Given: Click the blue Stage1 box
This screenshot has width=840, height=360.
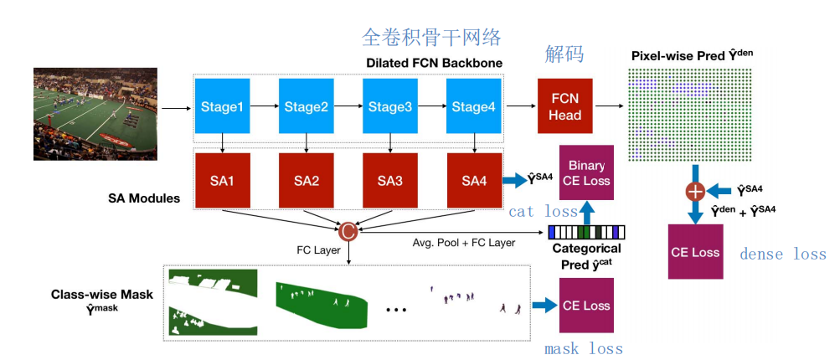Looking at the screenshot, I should [x=222, y=106].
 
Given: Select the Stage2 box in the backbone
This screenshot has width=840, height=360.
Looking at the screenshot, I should [x=306, y=106].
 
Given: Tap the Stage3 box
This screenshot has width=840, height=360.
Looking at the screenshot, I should [x=389, y=106].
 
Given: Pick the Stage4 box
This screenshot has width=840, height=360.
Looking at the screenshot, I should [x=474, y=106].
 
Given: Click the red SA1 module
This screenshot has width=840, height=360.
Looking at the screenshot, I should [x=222, y=180].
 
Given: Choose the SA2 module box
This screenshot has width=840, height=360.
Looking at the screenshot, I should [x=306, y=180].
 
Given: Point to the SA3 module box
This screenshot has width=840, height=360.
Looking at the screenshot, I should [x=389, y=180].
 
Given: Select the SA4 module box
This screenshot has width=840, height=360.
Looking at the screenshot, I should [x=474, y=180].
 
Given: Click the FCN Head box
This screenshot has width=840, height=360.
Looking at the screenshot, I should [x=564, y=106].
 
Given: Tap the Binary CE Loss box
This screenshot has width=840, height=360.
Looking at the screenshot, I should [x=586, y=172].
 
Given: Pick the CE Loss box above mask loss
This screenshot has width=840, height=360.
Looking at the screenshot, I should [x=586, y=306].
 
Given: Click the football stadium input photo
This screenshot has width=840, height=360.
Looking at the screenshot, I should [x=95, y=114].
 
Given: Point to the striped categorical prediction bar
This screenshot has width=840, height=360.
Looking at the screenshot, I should [x=587, y=232].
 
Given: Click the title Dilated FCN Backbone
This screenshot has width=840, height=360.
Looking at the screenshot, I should [x=434, y=63].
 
